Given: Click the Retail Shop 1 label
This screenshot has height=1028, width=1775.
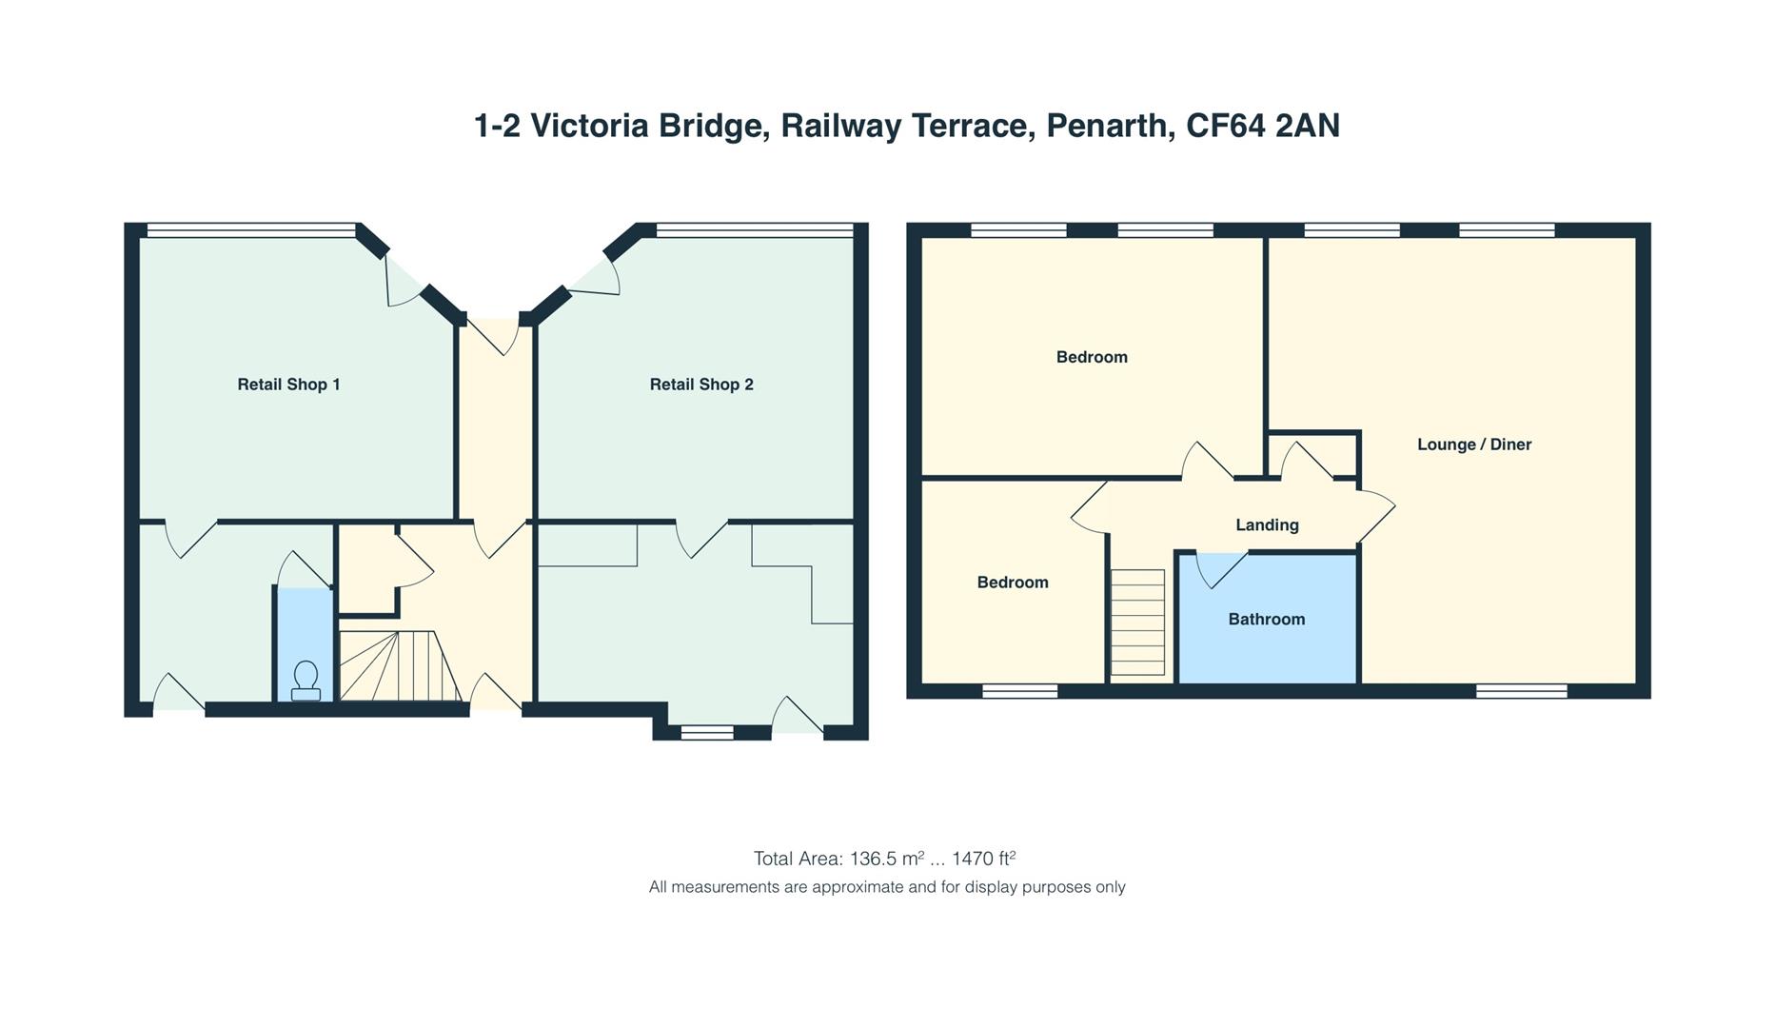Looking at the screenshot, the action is [x=288, y=385].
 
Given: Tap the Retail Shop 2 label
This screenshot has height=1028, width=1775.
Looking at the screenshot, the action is [x=701, y=385].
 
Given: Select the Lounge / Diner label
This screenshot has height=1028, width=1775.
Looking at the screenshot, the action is [x=1474, y=445].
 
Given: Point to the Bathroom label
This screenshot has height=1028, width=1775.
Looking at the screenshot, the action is [x=1267, y=620].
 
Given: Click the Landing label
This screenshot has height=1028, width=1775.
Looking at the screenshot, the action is [x=1267, y=525].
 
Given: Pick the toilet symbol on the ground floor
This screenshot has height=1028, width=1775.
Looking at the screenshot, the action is [x=306, y=682].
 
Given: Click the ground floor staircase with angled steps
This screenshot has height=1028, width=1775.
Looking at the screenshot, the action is [x=401, y=666].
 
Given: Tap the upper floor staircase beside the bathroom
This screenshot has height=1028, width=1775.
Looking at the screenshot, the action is [x=1137, y=623].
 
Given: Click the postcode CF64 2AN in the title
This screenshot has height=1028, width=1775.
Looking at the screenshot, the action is [x=1263, y=126].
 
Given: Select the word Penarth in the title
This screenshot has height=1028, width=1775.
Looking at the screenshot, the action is [x=1111, y=126].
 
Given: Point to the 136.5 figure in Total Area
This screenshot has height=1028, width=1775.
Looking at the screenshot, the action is [x=874, y=860].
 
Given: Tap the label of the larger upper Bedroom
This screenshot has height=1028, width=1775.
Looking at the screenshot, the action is [x=1092, y=358].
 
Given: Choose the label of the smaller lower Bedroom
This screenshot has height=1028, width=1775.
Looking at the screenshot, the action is [x=1013, y=583].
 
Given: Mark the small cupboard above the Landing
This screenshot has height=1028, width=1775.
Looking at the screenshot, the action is [x=1312, y=454].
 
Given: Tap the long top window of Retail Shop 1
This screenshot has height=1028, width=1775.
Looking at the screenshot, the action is [x=251, y=229].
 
